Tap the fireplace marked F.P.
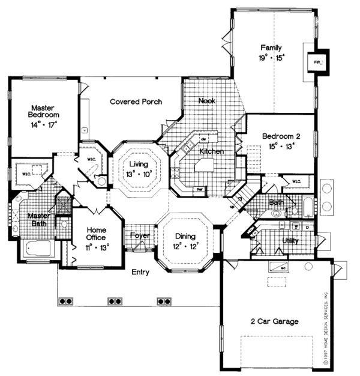tap(317, 61)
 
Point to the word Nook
tap(207, 101)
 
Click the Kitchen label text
tap(211, 151)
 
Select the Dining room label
tap(182, 236)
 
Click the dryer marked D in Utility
tap(307, 228)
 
